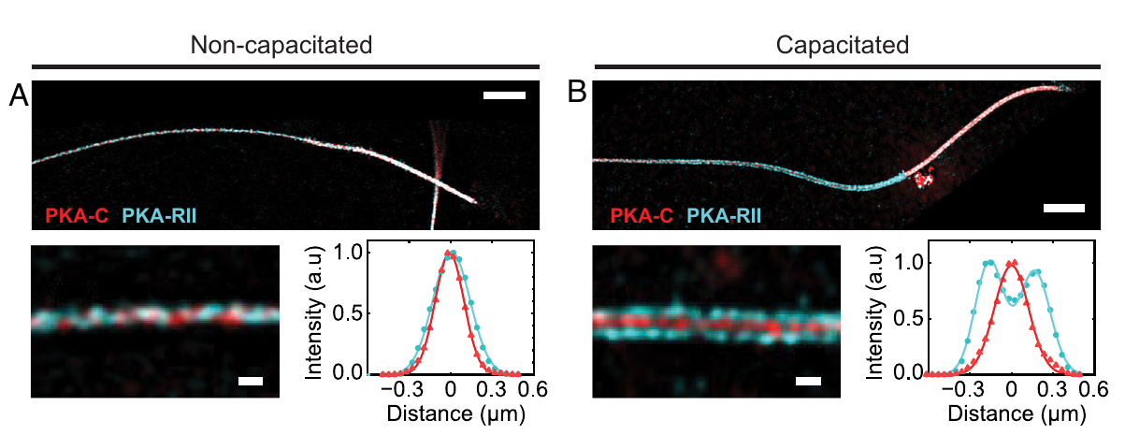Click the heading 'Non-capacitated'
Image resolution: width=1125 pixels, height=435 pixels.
tap(281, 45)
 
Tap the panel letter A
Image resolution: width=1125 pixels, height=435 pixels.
tap(18, 95)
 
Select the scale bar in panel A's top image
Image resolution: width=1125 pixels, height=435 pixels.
tap(505, 95)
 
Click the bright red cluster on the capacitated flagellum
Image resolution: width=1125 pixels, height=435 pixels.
tap(925, 178)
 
